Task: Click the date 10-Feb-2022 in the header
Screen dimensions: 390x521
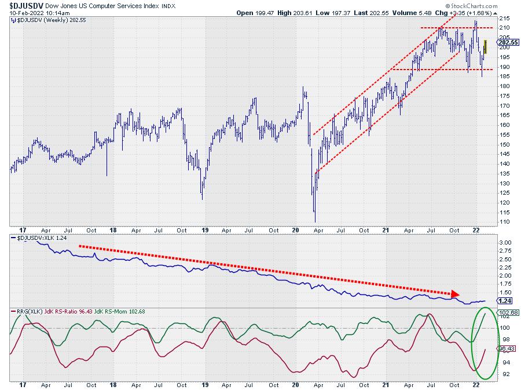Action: coord(22,12)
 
